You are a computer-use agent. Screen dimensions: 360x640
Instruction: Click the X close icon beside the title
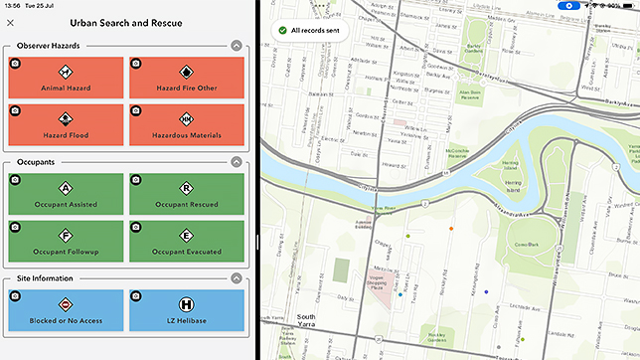(11, 23)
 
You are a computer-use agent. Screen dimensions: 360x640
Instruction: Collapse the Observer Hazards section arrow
(236, 45)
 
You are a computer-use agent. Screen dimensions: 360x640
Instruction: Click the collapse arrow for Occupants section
(236, 161)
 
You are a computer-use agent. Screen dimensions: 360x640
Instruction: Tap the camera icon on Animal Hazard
(15, 64)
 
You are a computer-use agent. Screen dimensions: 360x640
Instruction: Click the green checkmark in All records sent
(281, 31)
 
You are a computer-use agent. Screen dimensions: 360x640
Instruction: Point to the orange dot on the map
(451, 229)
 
